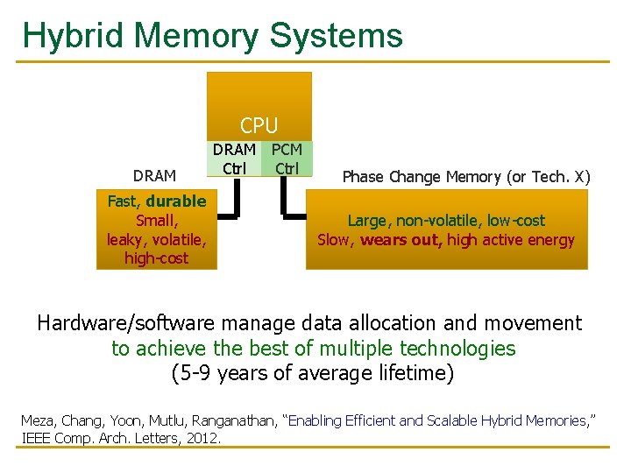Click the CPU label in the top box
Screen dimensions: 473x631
tap(259, 125)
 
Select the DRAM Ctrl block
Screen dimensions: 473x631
tap(235, 159)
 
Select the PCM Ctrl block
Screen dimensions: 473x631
tap(287, 159)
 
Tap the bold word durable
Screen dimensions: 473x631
tap(176, 201)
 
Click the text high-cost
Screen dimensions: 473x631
tap(156, 258)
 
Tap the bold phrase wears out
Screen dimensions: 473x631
tap(401, 240)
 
